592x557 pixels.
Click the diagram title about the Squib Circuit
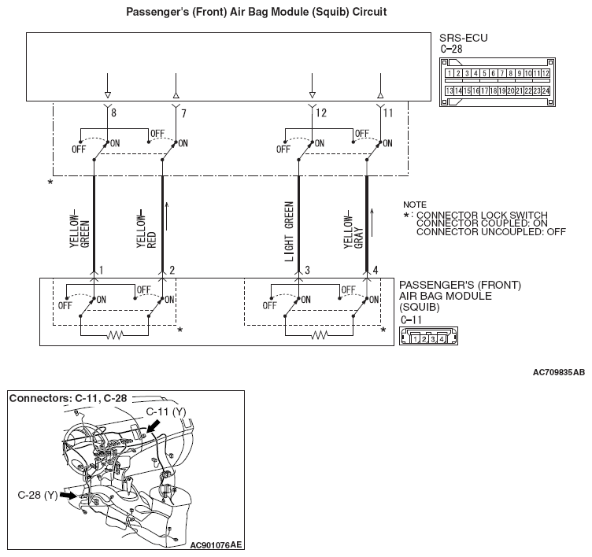(257, 13)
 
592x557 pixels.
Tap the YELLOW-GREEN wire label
(80, 229)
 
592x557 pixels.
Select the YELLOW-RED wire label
(146, 229)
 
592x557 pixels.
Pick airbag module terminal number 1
(102, 271)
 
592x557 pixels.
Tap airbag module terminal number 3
(307, 271)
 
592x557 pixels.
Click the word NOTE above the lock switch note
(414, 204)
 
